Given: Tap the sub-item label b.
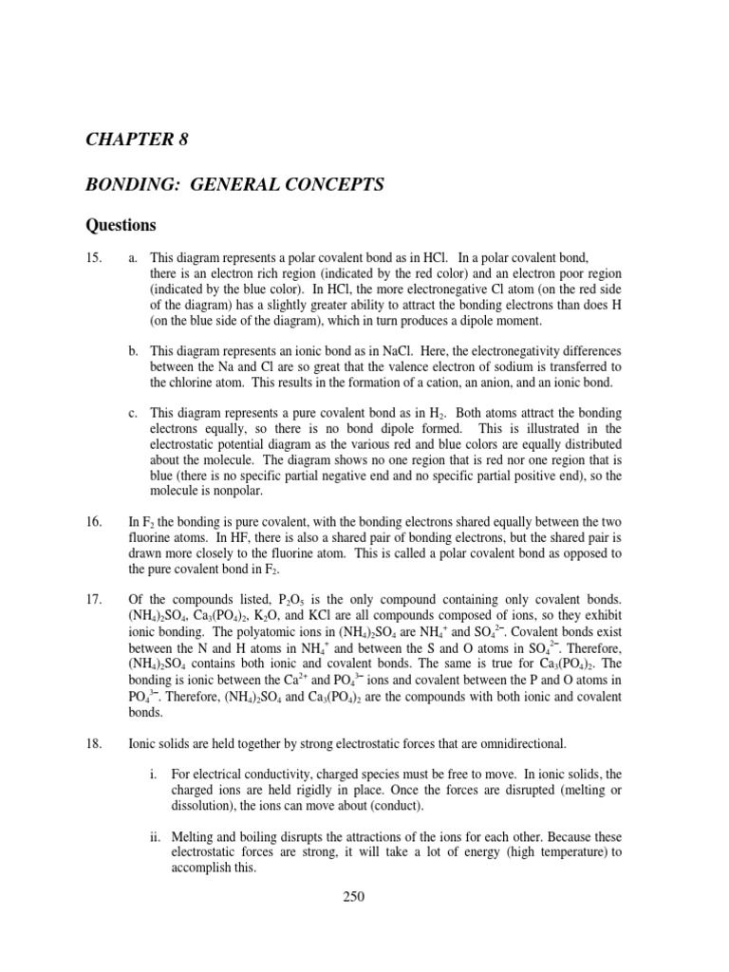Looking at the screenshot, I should click(134, 352).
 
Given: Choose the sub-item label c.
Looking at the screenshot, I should click(134, 414).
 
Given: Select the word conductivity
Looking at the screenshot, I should click(256, 775).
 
